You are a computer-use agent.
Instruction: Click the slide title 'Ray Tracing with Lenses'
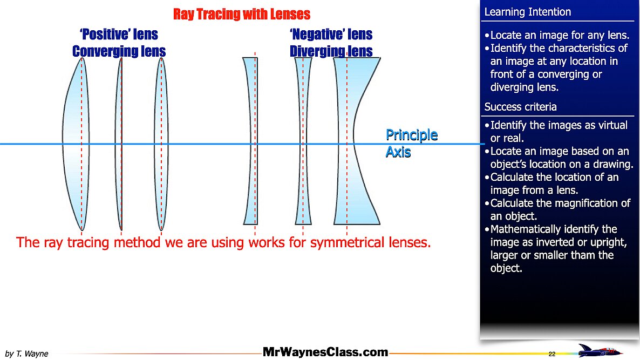[x=241, y=14]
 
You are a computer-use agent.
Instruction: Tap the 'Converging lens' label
[x=119, y=51]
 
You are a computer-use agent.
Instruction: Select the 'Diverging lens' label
[x=331, y=51]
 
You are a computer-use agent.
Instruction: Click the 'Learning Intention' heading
[x=527, y=12]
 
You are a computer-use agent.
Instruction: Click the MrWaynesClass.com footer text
[x=325, y=352]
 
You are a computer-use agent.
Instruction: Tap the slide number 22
[x=552, y=354]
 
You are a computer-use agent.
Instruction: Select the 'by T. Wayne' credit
[x=26, y=354]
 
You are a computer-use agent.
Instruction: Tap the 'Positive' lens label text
[x=118, y=35]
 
